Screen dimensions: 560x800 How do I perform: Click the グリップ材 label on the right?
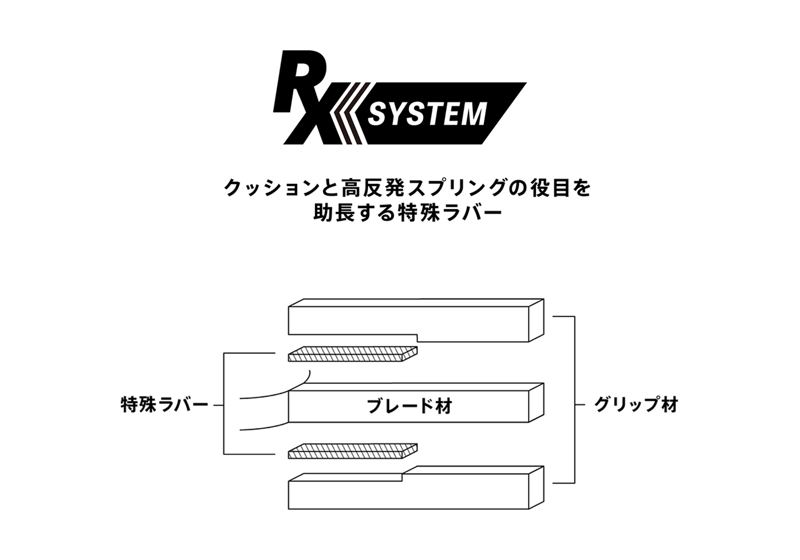click(636, 405)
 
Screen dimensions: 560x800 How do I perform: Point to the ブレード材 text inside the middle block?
click(409, 406)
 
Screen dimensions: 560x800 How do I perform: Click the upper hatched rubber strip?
click(352, 354)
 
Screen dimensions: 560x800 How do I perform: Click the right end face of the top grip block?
click(536, 320)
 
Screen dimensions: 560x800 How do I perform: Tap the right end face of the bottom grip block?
click(536, 488)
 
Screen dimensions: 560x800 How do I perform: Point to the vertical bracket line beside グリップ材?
click(575, 400)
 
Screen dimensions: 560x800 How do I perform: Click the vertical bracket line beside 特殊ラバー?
click(224, 403)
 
